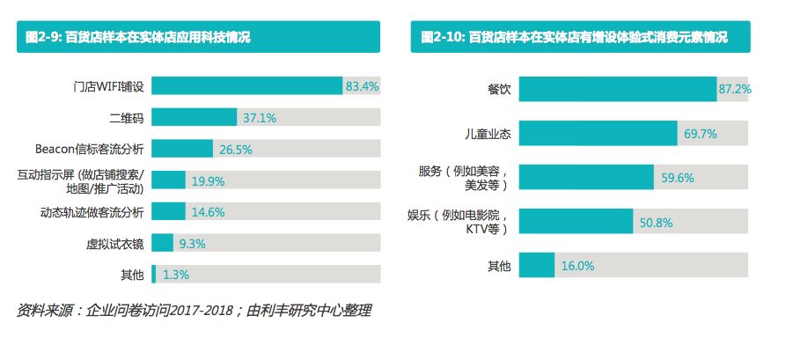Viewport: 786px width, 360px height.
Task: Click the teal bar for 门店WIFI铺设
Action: [x=246, y=86]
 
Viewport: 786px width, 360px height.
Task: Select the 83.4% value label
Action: [x=362, y=86]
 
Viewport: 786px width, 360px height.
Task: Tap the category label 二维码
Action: [x=126, y=117]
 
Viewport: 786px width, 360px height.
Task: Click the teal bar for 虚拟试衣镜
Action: [x=162, y=243]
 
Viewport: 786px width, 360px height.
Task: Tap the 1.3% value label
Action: [x=175, y=275]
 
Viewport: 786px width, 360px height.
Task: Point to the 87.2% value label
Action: [x=734, y=89]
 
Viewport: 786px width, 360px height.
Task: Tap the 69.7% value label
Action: [x=700, y=134]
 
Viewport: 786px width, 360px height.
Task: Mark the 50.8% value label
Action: [x=656, y=221]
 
